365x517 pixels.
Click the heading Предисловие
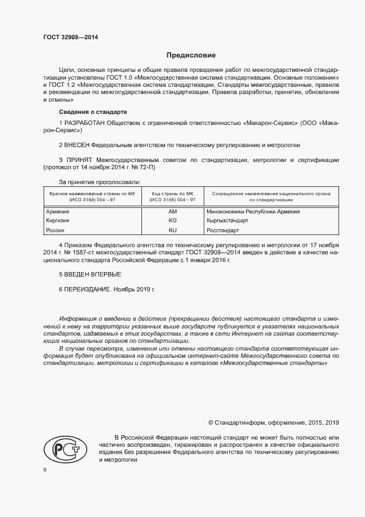tap(191, 55)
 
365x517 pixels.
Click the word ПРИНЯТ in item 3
tap(80, 160)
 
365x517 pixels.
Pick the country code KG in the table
tap(172, 220)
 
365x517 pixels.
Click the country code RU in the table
tap(172, 229)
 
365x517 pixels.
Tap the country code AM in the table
tap(172, 211)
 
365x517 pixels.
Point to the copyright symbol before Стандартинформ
tap(210, 422)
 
